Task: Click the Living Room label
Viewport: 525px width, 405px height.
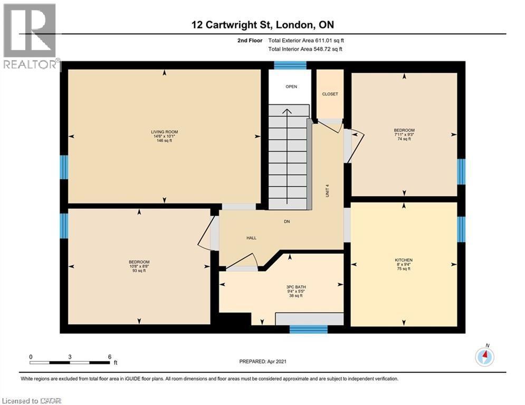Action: (x=165, y=132)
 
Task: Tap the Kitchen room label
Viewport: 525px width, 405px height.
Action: (x=404, y=260)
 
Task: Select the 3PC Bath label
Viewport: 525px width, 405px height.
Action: (x=296, y=287)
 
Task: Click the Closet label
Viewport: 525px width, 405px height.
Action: (x=330, y=94)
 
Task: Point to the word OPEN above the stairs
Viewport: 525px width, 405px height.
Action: (x=291, y=86)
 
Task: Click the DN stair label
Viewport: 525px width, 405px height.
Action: (x=287, y=221)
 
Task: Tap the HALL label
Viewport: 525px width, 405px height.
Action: (x=252, y=238)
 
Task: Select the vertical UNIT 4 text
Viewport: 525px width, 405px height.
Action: (x=328, y=190)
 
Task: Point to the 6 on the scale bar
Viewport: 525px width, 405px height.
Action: (x=110, y=357)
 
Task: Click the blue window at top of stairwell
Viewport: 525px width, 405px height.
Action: (x=290, y=65)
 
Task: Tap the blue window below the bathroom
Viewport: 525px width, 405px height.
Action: (x=308, y=329)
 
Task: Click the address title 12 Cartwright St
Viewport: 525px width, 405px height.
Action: (x=233, y=25)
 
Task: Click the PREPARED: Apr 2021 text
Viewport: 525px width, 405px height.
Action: (x=263, y=361)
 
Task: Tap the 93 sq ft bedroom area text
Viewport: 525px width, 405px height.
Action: (x=139, y=271)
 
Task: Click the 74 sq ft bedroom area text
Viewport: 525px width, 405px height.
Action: (x=404, y=139)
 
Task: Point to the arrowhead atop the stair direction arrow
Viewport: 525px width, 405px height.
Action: (x=287, y=111)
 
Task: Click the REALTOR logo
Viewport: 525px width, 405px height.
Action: (x=31, y=36)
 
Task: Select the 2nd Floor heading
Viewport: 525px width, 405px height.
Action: (x=250, y=41)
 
